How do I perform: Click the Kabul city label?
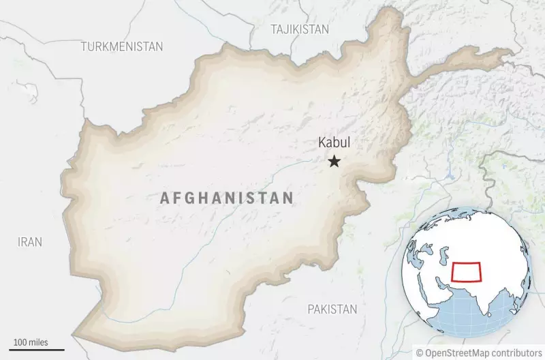[334, 144]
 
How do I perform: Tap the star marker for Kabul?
[334, 162]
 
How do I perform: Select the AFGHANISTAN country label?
[227, 198]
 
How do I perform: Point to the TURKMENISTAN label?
[122, 46]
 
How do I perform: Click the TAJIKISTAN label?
[300, 29]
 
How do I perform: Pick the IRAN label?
[30, 241]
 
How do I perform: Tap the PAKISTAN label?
[332, 309]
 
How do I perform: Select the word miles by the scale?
[38, 342]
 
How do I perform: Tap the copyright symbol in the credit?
[420, 352]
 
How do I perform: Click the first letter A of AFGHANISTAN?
[163, 198]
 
